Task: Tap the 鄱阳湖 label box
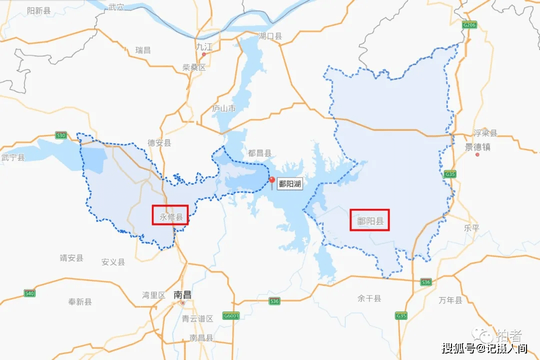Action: pos(290,184)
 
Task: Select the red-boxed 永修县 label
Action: pos(170,217)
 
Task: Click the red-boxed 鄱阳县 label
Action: pos(369,220)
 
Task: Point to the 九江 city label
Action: pos(204,46)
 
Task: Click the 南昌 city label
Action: pos(182,294)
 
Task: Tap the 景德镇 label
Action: pos(477,147)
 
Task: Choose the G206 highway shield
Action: pos(469,24)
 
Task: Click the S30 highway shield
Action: pos(61,135)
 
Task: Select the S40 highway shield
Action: pos(29,293)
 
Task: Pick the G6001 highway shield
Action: pos(231,316)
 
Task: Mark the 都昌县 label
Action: pos(260,153)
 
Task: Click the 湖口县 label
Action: pos(270,36)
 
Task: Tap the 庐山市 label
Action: pos(223,108)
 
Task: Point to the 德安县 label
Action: pos(159,143)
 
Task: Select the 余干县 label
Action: pos(369,298)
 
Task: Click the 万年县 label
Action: pos(450,300)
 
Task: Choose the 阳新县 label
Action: pos(39,10)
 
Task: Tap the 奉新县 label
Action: pos(80,302)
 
